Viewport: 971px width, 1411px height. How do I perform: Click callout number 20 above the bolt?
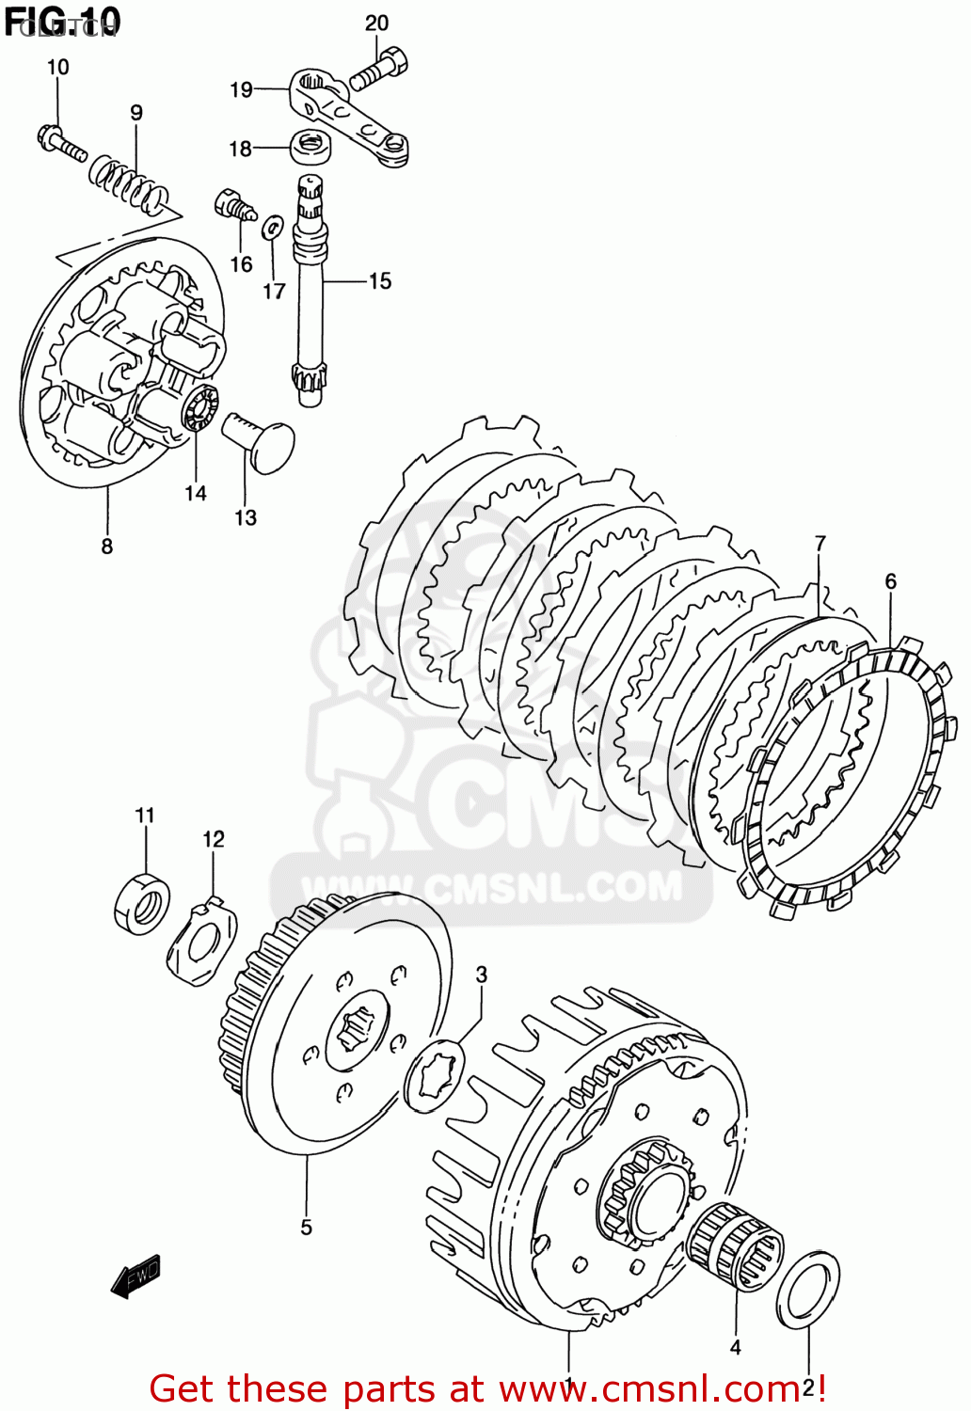(x=376, y=24)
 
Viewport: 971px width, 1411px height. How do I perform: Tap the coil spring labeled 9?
(x=130, y=184)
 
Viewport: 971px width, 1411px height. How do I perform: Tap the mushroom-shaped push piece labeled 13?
(x=261, y=440)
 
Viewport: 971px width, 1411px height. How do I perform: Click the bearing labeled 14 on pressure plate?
(x=199, y=406)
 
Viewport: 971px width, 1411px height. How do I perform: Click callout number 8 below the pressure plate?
(x=106, y=547)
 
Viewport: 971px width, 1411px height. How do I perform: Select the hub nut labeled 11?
(x=142, y=903)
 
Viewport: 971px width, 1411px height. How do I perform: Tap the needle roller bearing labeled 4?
(x=735, y=1247)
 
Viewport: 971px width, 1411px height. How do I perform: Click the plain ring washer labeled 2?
(x=808, y=1289)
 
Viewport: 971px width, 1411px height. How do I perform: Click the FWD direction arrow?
(x=136, y=1276)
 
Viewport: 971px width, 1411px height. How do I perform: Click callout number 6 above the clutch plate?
(x=890, y=582)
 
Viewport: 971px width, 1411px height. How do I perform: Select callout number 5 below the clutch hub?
(x=306, y=1227)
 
